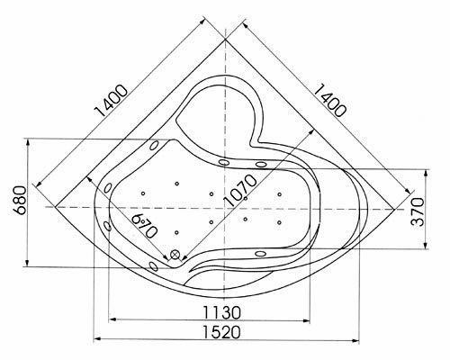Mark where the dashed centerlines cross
(x=224, y=207)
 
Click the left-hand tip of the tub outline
(x=57, y=207)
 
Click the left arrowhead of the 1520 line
(x=97, y=338)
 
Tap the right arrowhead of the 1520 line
(x=354, y=338)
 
